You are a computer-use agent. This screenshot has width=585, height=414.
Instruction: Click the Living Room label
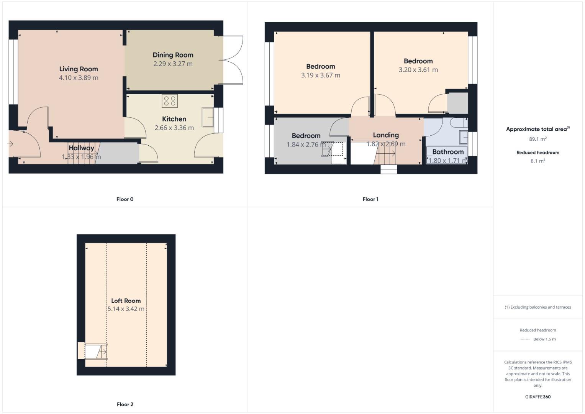pyautogui.click(x=79, y=69)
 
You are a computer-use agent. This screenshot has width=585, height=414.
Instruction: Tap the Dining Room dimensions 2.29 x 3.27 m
pyautogui.click(x=173, y=64)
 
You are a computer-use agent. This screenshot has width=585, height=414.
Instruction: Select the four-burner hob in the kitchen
pyautogui.click(x=169, y=101)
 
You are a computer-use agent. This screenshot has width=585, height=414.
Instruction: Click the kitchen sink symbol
pyautogui.click(x=208, y=117)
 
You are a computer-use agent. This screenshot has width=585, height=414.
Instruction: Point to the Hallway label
pyautogui.click(x=81, y=148)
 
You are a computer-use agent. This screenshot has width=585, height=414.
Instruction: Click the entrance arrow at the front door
pyautogui.click(x=10, y=144)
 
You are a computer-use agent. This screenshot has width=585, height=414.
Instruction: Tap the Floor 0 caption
pyautogui.click(x=125, y=199)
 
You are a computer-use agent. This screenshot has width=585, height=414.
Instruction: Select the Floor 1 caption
pyautogui.click(x=370, y=199)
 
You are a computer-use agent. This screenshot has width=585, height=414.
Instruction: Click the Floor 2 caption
pyautogui.click(x=125, y=404)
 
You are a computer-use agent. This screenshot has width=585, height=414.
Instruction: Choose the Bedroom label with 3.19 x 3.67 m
pyautogui.click(x=321, y=66)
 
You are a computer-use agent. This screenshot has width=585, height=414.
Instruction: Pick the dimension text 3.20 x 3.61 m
pyautogui.click(x=418, y=70)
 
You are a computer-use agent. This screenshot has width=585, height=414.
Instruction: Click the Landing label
pyautogui.click(x=386, y=135)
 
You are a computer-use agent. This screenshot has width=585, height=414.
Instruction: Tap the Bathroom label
pyautogui.click(x=448, y=152)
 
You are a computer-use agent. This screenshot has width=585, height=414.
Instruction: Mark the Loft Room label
pyautogui.click(x=126, y=301)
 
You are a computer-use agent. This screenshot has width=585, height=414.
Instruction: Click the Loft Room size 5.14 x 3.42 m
pyautogui.click(x=126, y=309)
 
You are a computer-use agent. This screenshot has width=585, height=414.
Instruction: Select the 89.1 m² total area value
pyautogui.click(x=537, y=139)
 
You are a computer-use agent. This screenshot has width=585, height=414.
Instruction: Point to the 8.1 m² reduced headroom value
pyautogui.click(x=537, y=161)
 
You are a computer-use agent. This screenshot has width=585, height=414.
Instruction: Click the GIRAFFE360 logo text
pyautogui.click(x=537, y=397)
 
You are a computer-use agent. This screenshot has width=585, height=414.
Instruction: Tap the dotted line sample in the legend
pyautogui.click(x=524, y=339)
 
